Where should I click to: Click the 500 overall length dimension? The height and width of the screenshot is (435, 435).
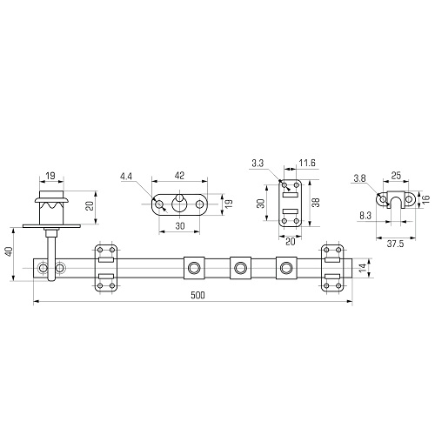pos(197,295)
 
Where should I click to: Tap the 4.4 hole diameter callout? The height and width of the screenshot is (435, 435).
pos(126,176)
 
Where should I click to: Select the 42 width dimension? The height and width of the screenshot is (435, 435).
pos(180,176)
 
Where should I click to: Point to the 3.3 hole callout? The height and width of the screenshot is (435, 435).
pos(258,164)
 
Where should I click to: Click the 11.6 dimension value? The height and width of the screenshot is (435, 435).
pos(307,163)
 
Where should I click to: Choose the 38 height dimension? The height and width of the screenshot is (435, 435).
pos(316,202)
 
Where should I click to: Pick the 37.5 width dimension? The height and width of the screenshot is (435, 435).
pos(395,244)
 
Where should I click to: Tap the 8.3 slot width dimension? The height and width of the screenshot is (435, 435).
pos(365,216)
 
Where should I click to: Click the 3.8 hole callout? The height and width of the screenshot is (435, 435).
pos(359,178)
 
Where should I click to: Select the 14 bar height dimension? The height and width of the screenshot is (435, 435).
pos(363,268)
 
